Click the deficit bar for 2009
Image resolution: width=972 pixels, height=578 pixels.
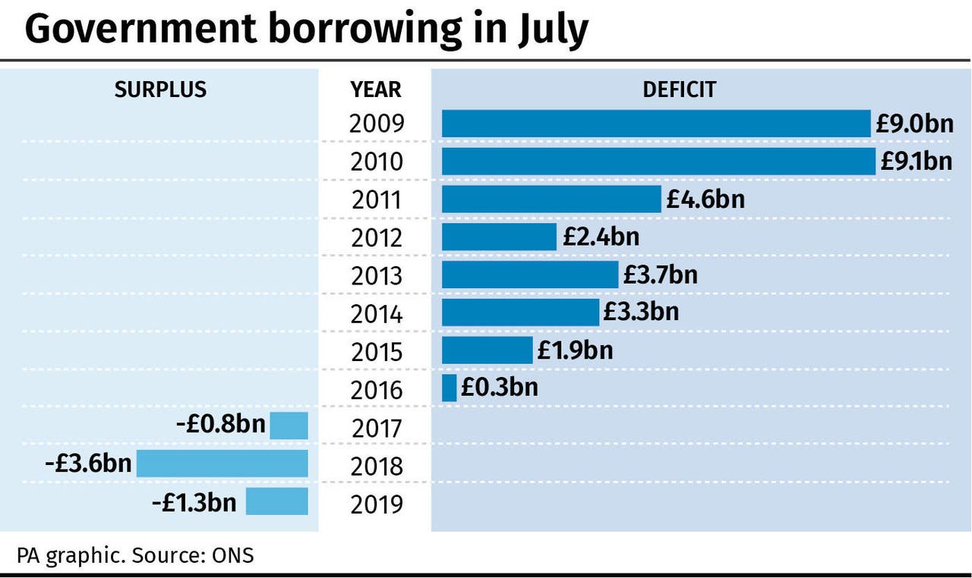pyautogui.click(x=656, y=124)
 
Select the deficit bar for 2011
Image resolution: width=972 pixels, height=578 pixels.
pyautogui.click(x=551, y=199)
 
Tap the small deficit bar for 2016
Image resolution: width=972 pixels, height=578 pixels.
pyautogui.click(x=449, y=388)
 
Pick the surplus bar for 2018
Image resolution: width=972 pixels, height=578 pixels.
pyautogui.click(x=222, y=463)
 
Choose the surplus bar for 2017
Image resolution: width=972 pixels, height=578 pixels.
pyautogui.click(x=289, y=426)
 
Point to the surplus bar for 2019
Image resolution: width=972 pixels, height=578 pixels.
pyautogui.click(x=276, y=501)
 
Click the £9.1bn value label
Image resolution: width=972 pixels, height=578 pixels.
pyautogui.click(x=916, y=162)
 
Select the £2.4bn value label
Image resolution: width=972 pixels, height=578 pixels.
pyautogui.click(x=601, y=237)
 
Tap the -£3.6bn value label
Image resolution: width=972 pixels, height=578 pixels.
pyautogui.click(x=88, y=463)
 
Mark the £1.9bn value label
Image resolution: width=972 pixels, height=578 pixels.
pyautogui.click(x=575, y=350)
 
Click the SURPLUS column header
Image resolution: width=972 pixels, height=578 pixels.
pyautogui.click(x=160, y=90)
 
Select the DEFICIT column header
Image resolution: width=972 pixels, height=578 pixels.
pyautogui.click(x=679, y=90)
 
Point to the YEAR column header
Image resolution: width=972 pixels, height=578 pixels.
pyautogui.click(x=376, y=90)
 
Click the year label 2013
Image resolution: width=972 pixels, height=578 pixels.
pyautogui.click(x=377, y=276)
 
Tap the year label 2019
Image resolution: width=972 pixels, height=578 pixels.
pyautogui.click(x=377, y=504)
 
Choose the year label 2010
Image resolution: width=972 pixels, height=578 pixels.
pyautogui.click(x=377, y=162)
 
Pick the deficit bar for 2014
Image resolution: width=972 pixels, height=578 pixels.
pyautogui.click(x=520, y=312)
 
